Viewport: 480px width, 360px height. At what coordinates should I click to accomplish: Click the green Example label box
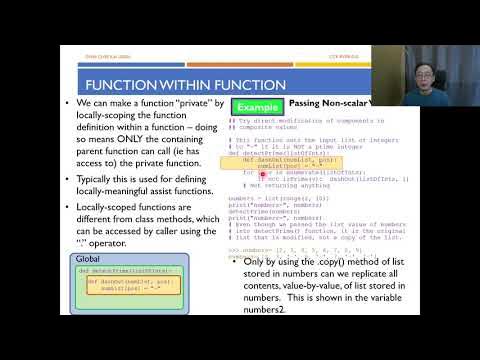pyautogui.click(x=256, y=106)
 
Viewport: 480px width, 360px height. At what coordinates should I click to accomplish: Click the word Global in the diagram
pyautogui.click(x=88, y=259)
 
